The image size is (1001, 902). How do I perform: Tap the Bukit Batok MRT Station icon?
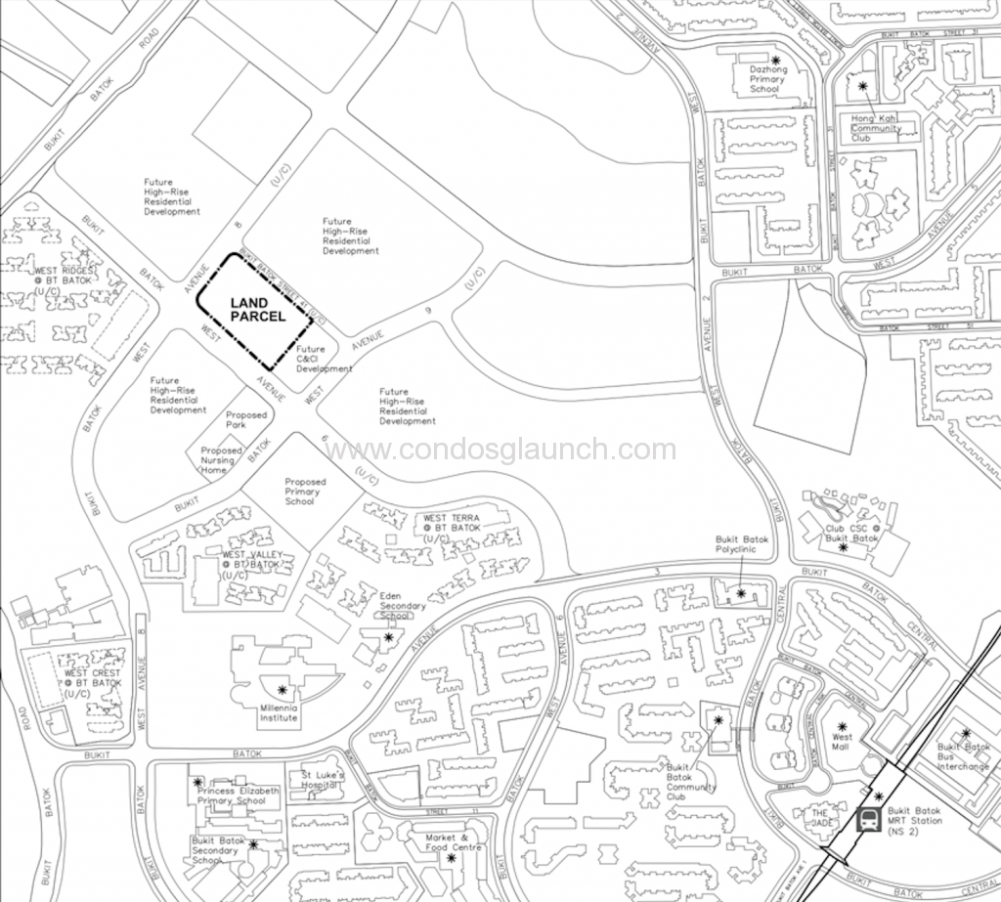click(x=867, y=820)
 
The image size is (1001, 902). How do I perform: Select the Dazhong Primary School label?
click(x=765, y=78)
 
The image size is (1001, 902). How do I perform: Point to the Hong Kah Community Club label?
click(x=876, y=128)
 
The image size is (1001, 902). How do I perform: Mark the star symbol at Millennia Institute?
click(x=283, y=690)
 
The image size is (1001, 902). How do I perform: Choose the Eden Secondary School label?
click(x=396, y=605)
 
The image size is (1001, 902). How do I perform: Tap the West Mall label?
click(x=842, y=742)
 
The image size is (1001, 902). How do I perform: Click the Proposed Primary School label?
click(x=305, y=491)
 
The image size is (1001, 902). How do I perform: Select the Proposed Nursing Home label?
click(x=221, y=460)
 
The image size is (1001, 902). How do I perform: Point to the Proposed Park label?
click(x=245, y=420)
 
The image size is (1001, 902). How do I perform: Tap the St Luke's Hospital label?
click(x=325, y=778)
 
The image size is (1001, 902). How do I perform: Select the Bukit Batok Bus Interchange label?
click(x=963, y=756)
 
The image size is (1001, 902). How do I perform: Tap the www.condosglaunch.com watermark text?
click(x=500, y=451)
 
